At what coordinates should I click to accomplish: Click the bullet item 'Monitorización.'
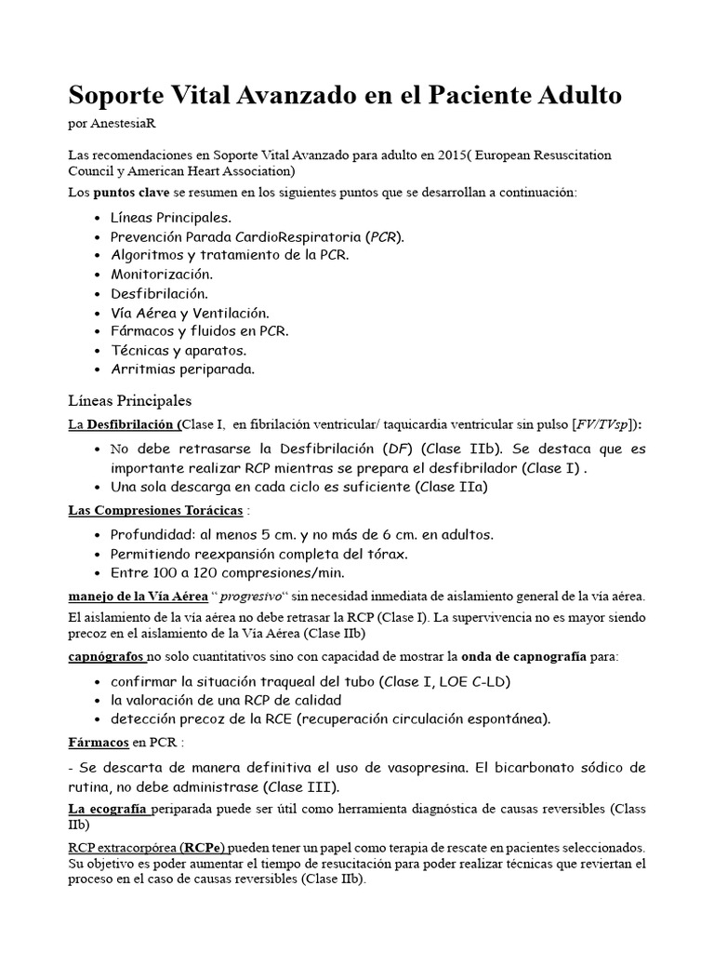point(162,275)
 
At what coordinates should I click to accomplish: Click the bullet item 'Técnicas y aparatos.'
point(178,351)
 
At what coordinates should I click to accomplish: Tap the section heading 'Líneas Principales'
point(130,401)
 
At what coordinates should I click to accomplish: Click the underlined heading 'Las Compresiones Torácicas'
point(156,511)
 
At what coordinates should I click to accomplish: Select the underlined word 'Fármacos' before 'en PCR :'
point(98,744)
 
